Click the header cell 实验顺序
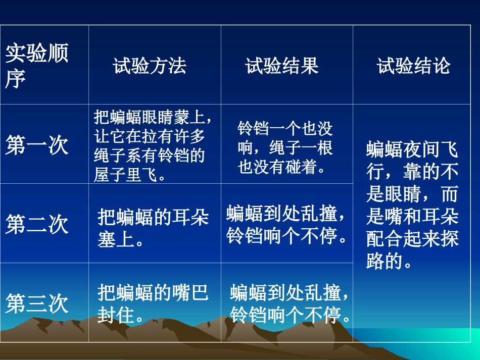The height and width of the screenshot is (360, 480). (37, 66)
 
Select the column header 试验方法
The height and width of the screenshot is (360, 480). (150, 66)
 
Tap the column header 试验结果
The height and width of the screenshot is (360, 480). (282, 66)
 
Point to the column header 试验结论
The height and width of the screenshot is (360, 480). (413, 66)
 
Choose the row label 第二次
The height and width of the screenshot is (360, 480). (37, 224)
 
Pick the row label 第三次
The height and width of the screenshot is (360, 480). (37, 303)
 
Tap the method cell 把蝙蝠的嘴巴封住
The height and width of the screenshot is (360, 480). (153, 304)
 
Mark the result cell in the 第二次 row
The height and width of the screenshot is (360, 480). (287, 224)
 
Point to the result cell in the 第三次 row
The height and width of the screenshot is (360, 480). (290, 303)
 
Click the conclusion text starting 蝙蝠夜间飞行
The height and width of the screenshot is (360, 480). (413, 205)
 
